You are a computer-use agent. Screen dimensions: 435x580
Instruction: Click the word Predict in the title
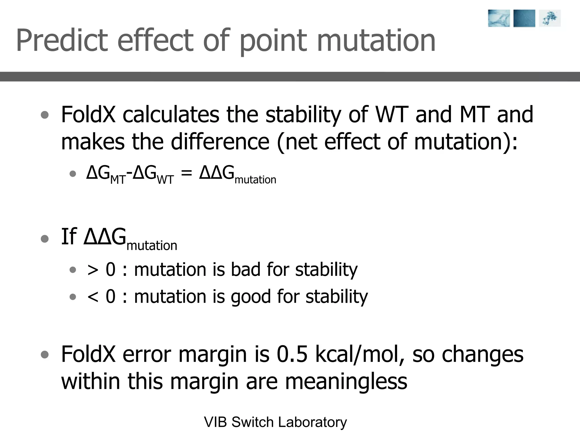(x=62, y=41)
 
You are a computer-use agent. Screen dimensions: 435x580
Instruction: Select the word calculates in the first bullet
(x=171, y=114)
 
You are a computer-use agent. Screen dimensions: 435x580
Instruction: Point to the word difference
(x=220, y=142)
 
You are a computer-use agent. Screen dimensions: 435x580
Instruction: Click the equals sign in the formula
(x=186, y=173)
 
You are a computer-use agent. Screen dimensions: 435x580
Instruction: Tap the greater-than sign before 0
(x=93, y=270)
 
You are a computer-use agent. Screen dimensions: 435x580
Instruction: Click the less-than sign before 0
(x=93, y=297)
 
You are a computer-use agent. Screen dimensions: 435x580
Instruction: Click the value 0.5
(x=292, y=354)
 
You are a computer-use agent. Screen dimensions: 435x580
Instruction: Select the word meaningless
(x=346, y=381)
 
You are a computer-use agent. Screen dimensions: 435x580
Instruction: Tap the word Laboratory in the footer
(x=312, y=422)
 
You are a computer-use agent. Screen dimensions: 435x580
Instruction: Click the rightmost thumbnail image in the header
(x=549, y=18)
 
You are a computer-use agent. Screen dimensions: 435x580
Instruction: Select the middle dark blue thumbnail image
(x=524, y=18)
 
